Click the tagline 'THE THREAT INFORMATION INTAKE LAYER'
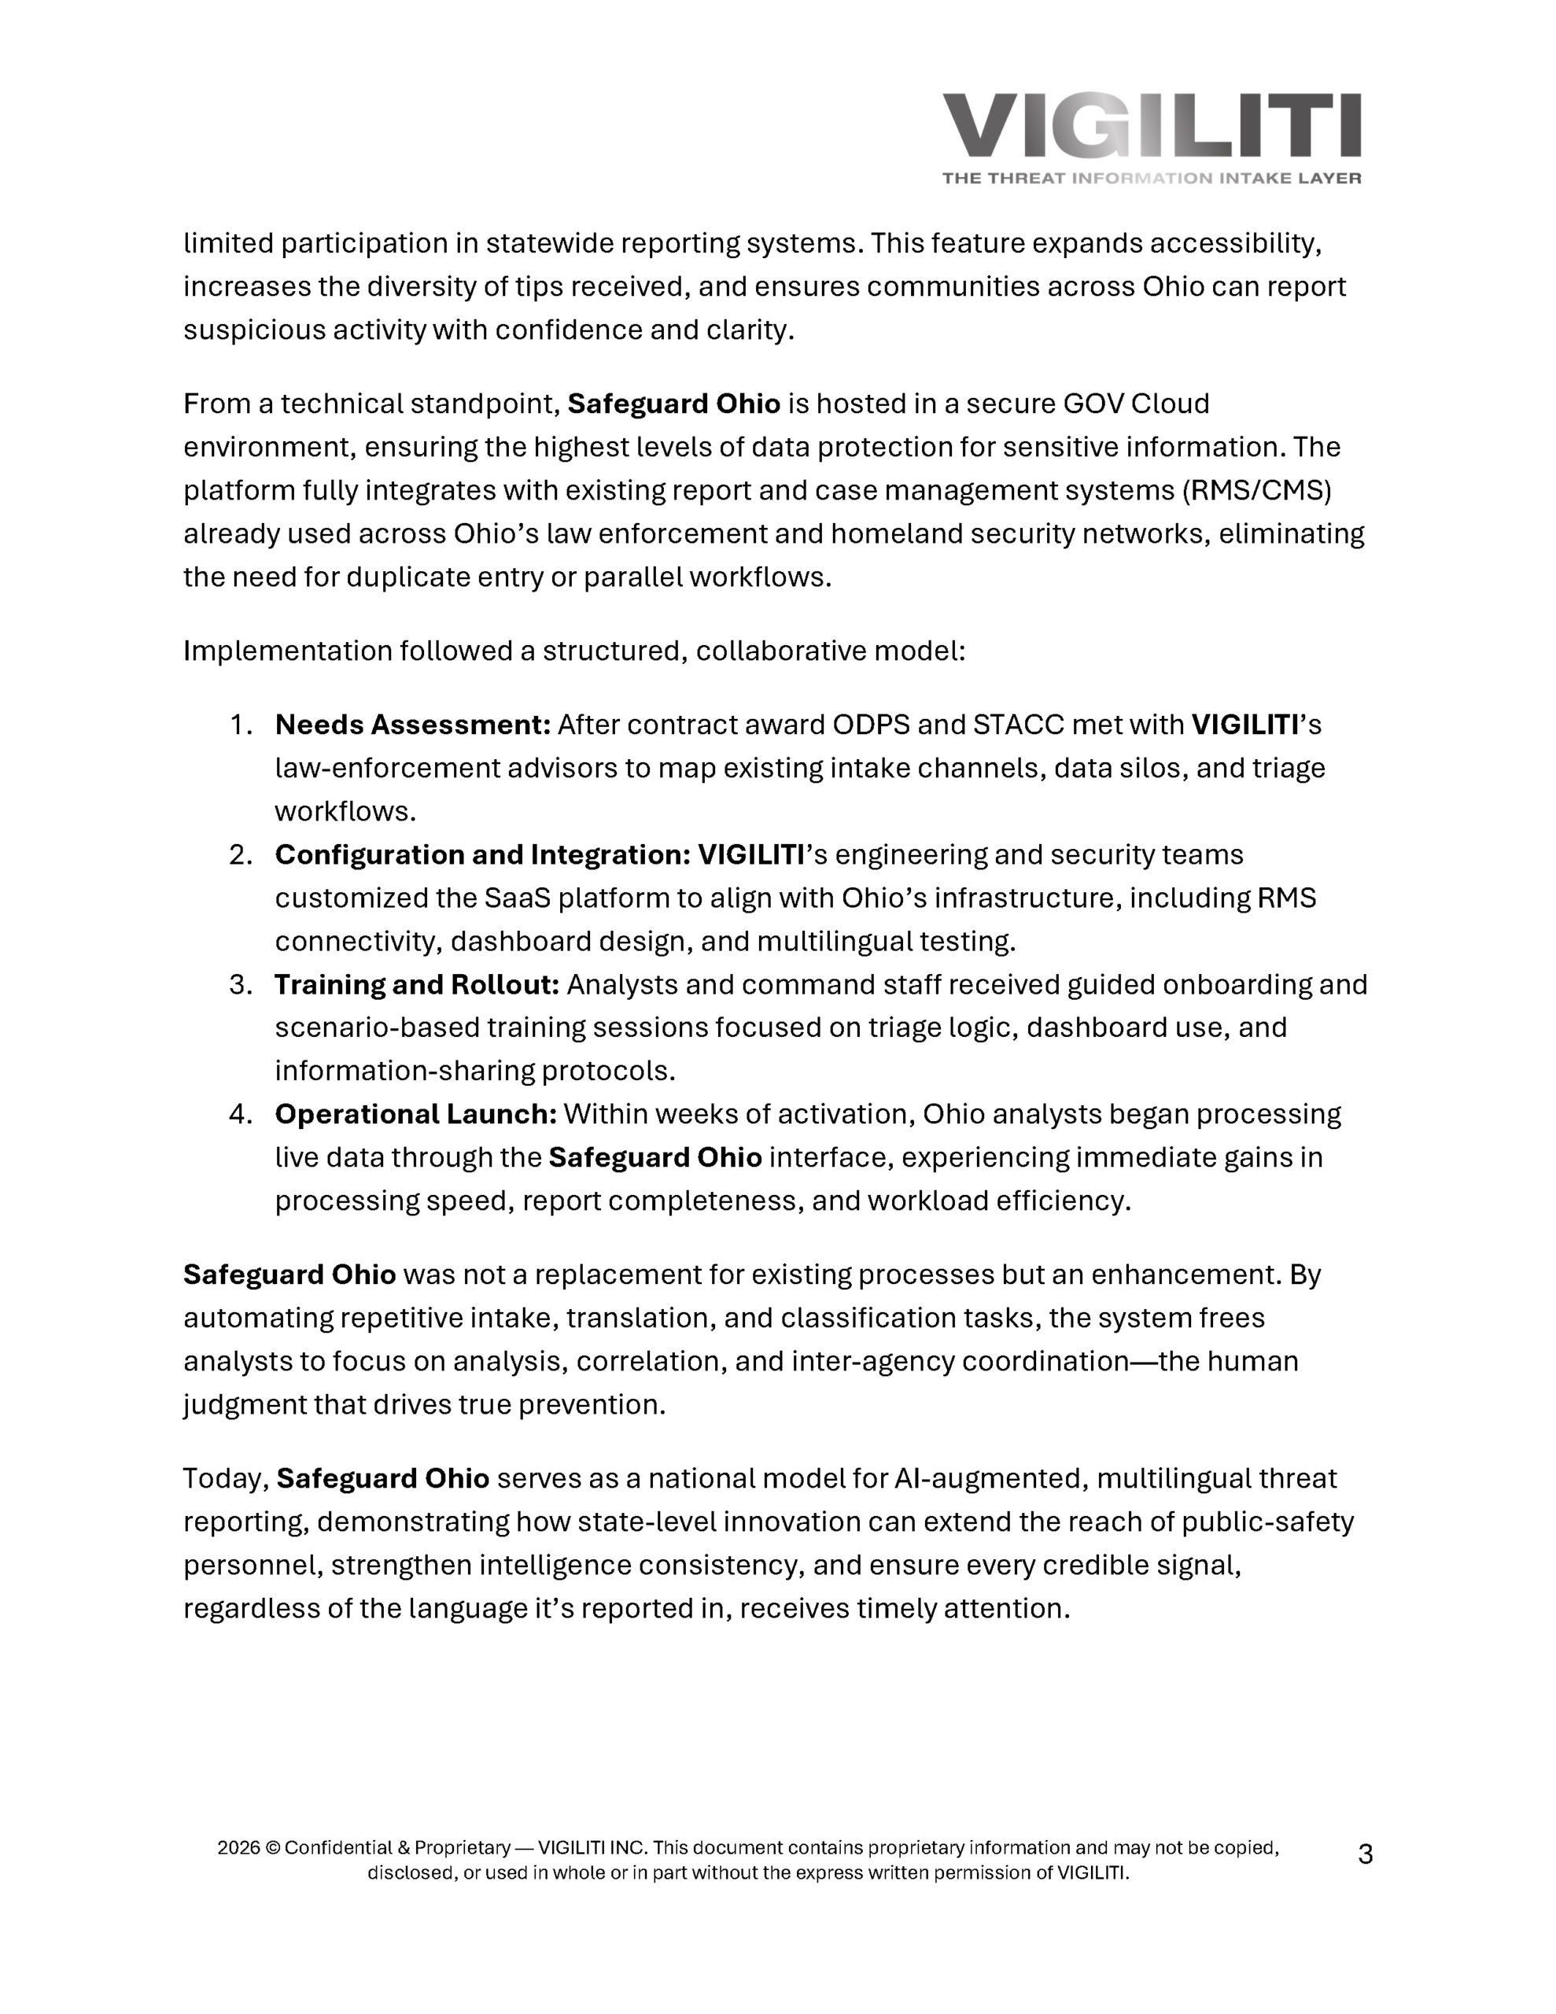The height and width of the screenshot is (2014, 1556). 1151,178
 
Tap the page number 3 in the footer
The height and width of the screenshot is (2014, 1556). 1365,1854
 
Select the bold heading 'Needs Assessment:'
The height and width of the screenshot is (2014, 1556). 412,725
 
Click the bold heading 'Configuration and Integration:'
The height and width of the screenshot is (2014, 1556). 482,855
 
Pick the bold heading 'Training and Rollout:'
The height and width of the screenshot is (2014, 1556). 417,985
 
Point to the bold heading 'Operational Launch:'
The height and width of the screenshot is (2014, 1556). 415,1114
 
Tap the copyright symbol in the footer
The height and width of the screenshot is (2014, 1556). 272,1847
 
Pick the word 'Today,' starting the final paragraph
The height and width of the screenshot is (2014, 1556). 226,1478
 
